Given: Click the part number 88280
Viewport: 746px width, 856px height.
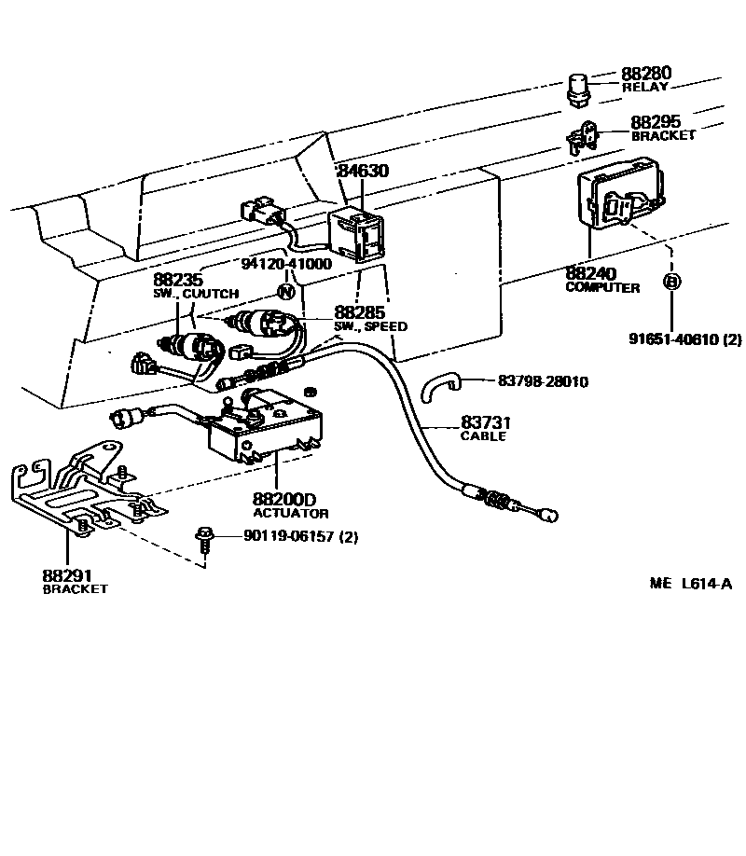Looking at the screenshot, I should (645, 73).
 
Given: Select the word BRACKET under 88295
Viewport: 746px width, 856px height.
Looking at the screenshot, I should (663, 135).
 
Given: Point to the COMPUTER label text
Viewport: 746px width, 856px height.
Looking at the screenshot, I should (602, 288).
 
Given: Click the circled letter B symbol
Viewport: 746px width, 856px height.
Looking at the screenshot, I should (670, 281).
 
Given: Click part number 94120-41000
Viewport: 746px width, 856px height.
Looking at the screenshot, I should (286, 264).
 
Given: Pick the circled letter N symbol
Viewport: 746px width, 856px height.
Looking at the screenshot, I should (286, 291).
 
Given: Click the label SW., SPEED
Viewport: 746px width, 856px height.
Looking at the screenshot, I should (370, 327).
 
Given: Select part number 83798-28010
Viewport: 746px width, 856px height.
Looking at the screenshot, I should (542, 381).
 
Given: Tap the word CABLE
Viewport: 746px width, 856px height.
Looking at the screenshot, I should (483, 435).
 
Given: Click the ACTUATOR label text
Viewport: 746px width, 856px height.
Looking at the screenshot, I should (291, 514).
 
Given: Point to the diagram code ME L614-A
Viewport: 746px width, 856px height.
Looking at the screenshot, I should (691, 585).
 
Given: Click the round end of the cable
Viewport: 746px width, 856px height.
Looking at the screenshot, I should (551, 515).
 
